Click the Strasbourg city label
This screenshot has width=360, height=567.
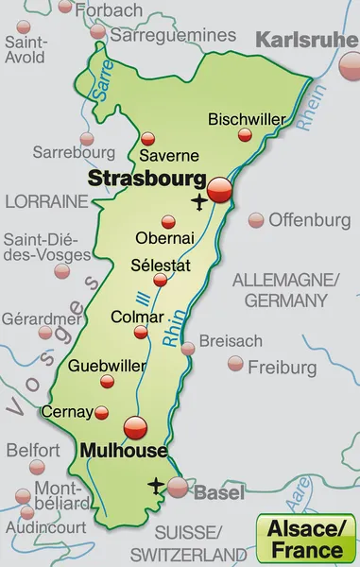(146, 178)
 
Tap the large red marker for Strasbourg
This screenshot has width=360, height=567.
(220, 189)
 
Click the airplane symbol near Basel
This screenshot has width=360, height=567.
(156, 486)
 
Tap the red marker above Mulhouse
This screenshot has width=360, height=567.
(135, 426)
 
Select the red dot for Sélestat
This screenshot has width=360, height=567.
(161, 280)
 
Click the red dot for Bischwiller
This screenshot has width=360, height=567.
(244, 136)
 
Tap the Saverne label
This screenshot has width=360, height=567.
(169, 154)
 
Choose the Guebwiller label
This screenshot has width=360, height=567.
(107, 365)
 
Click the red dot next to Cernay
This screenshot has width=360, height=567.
(103, 411)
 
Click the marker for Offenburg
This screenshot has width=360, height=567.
(255, 219)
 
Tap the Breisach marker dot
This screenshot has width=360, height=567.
(188, 349)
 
